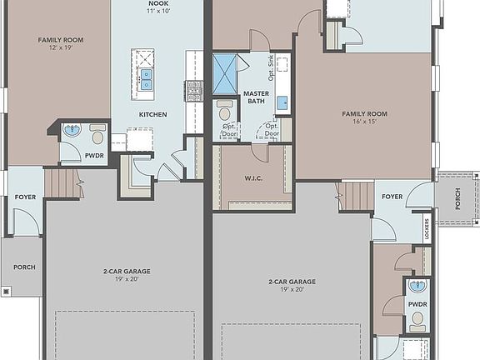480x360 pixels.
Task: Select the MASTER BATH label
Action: click(255, 97)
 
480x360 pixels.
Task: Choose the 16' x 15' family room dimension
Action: click(363, 122)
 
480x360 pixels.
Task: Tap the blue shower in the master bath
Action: click(226, 73)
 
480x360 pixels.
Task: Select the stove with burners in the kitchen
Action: click(193, 89)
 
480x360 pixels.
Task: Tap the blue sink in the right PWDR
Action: click(418, 287)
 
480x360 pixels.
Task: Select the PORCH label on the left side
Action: click(22, 267)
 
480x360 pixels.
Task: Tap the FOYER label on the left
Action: click(24, 197)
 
